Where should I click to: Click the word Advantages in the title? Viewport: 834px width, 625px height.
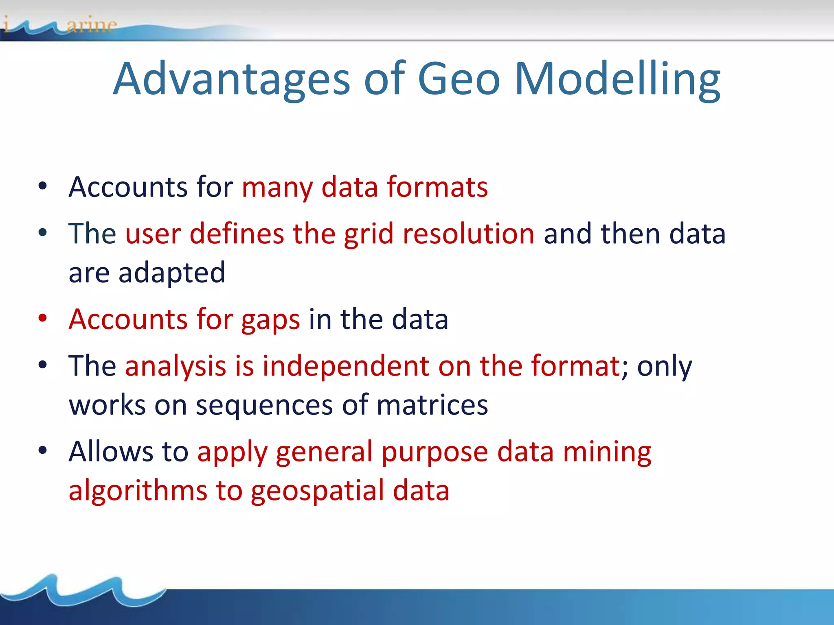(x=231, y=79)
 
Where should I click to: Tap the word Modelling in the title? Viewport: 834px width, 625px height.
(x=617, y=79)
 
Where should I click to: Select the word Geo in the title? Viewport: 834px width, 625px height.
(x=459, y=79)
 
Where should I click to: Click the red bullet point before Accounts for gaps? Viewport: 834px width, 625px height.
(x=43, y=319)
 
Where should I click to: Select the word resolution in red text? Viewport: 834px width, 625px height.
(x=468, y=234)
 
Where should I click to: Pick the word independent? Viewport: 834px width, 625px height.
(x=345, y=366)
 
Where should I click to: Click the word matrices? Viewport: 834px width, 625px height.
(x=432, y=405)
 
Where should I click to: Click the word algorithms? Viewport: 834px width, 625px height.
(x=138, y=490)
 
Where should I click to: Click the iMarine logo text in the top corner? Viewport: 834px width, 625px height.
(x=61, y=25)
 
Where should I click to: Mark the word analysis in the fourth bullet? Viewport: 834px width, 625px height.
(x=175, y=367)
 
